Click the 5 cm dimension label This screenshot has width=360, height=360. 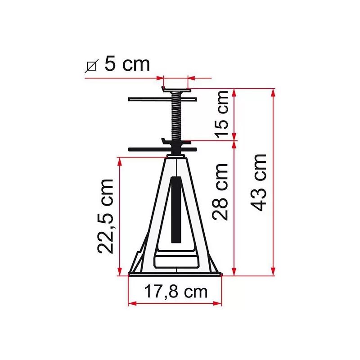pos(126,64)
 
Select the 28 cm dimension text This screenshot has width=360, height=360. pos(220,191)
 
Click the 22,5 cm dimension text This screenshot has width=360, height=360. pos(107,216)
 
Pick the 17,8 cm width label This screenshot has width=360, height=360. pos(176,292)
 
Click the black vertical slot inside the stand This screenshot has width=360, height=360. pos(176,207)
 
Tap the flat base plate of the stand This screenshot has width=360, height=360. pos(175,273)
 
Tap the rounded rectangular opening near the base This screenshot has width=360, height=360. pos(176,261)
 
